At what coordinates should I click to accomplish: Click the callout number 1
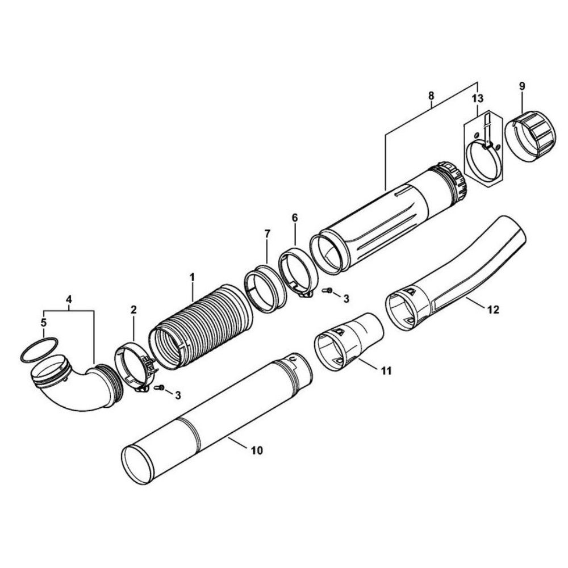click(x=193, y=278)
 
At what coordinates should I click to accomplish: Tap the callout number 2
click(x=133, y=310)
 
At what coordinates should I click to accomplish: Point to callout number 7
click(x=268, y=234)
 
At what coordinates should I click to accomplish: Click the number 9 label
click(x=521, y=86)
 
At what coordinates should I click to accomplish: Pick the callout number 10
click(x=256, y=450)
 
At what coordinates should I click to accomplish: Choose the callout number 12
click(x=494, y=310)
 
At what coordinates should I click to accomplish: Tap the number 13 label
click(x=478, y=98)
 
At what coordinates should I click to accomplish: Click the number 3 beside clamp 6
click(x=346, y=299)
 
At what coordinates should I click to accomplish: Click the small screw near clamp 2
click(x=158, y=387)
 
